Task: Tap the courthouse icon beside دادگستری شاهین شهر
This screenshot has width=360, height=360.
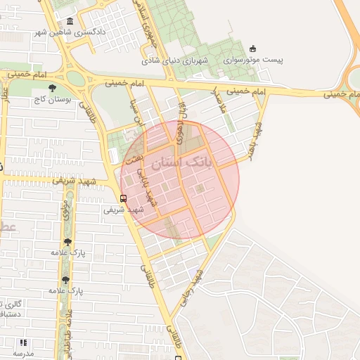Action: (x=69, y=21)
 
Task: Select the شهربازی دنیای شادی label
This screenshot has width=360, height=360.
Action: (x=175, y=60)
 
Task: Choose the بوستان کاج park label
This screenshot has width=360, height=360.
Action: (x=53, y=100)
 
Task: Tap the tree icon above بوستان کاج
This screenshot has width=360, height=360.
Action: (x=53, y=88)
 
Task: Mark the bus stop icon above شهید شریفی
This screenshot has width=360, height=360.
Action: (x=124, y=198)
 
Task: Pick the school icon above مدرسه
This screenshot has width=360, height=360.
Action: (x=23, y=342)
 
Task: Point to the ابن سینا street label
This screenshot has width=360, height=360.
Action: (x=131, y=112)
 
